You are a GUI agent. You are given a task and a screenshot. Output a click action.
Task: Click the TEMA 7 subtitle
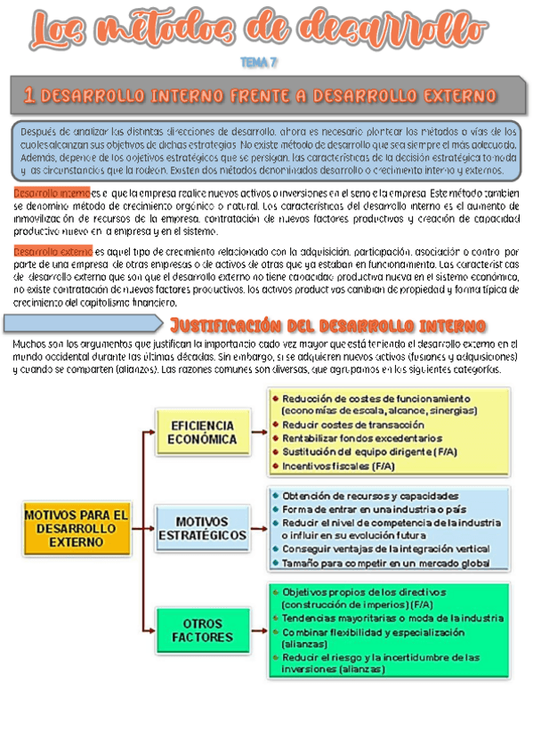point(260,63)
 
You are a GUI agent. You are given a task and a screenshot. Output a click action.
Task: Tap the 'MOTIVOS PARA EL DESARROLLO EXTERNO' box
point(76,528)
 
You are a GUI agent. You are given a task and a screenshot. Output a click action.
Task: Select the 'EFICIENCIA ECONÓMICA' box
point(204,433)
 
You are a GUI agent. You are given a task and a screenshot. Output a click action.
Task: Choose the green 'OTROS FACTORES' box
point(203,630)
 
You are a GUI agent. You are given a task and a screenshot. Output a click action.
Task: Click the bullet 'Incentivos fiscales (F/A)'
point(339,465)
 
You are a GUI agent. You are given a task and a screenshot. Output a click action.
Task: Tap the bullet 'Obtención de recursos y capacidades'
point(371,495)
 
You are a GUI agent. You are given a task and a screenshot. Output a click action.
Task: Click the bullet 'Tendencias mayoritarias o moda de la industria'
point(392,617)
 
